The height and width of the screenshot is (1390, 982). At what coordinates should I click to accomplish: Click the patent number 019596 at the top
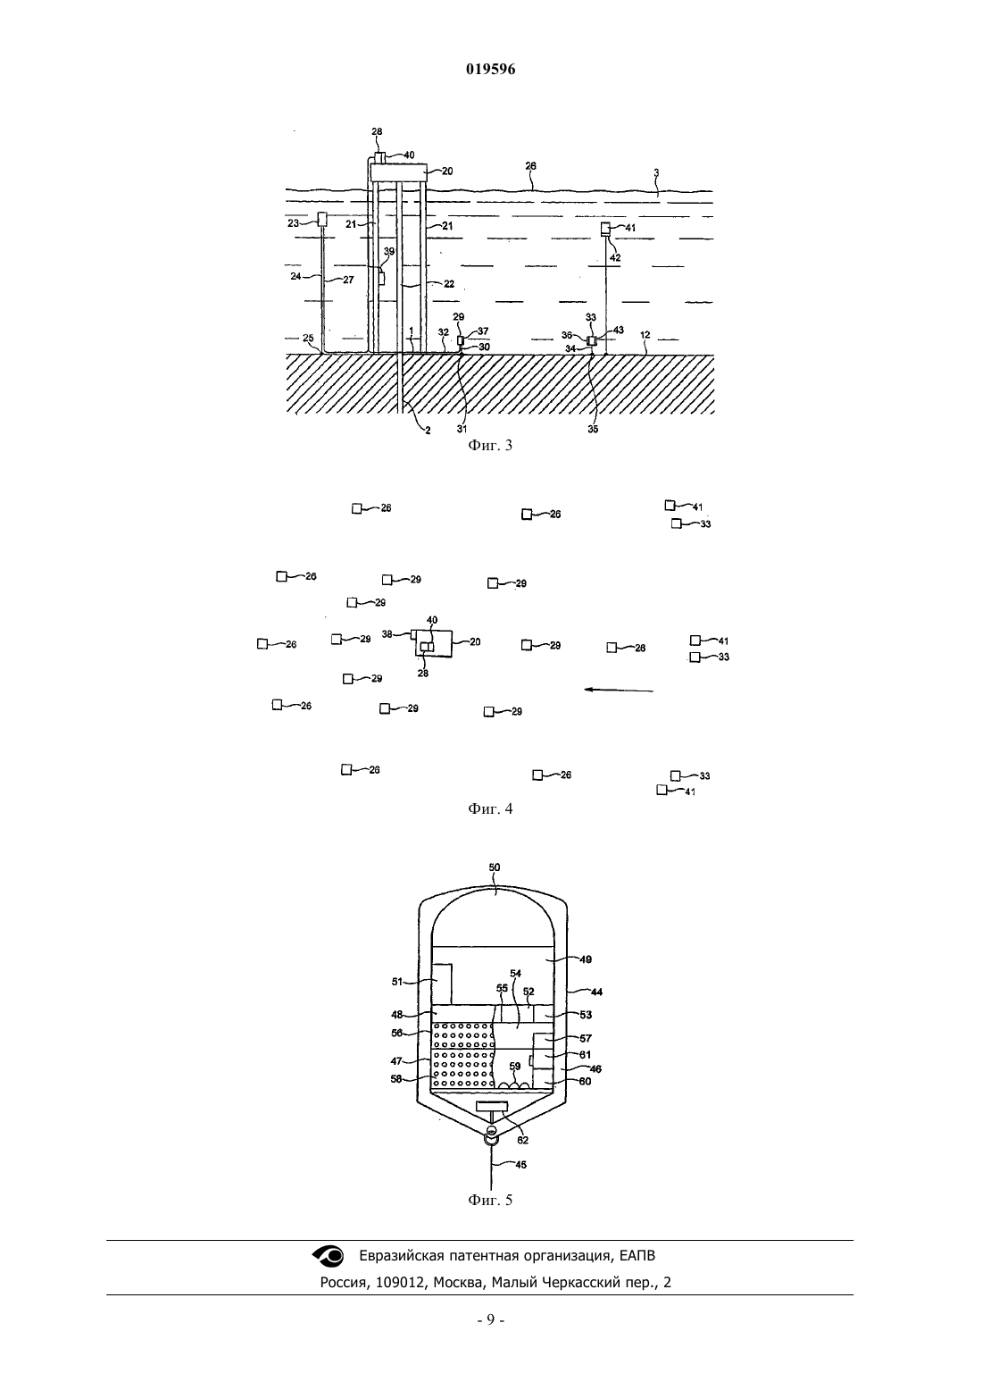click(x=490, y=69)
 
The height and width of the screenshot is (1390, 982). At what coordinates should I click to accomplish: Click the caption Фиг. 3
click(x=490, y=445)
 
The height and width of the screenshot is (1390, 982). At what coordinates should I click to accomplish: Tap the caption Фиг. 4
click(x=490, y=808)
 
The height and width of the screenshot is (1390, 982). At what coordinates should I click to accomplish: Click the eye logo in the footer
click(x=328, y=1256)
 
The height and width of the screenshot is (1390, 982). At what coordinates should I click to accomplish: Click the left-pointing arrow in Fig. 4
click(x=620, y=690)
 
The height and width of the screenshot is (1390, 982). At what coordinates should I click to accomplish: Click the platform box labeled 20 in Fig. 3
click(x=398, y=172)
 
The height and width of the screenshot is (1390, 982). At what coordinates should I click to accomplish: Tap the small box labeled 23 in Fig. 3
click(x=321, y=219)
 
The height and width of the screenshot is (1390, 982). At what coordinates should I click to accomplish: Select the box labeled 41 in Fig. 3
click(x=605, y=229)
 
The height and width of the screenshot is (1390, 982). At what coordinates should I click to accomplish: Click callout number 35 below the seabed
click(x=593, y=429)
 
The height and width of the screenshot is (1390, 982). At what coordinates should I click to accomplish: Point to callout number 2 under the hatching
click(x=428, y=430)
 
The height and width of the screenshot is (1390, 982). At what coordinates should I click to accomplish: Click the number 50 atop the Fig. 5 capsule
click(x=494, y=867)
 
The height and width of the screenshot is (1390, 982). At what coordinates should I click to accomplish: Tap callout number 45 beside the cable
click(x=520, y=1165)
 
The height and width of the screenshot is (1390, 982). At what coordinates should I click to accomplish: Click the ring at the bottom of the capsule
click(x=491, y=1139)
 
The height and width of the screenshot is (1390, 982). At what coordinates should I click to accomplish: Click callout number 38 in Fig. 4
click(x=387, y=634)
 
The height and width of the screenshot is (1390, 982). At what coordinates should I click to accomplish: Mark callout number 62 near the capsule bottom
click(x=522, y=1140)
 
